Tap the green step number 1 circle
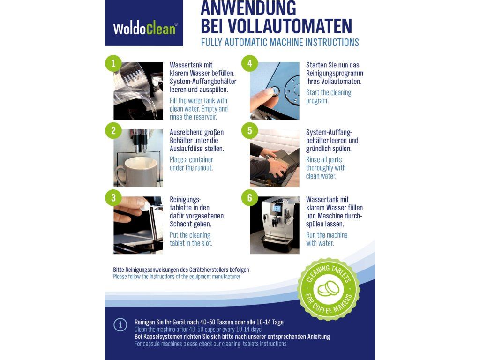click(113, 63)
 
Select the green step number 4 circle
click(249, 63)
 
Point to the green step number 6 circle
click(249, 198)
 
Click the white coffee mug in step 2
click(137, 172)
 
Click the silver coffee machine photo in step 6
click(275, 225)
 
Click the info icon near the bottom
click(120, 324)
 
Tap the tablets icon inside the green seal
click(329, 289)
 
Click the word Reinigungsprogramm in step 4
click(335, 73)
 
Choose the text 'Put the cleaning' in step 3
click(190, 235)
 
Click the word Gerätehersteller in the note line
click(209, 270)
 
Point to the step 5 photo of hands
click(275, 158)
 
